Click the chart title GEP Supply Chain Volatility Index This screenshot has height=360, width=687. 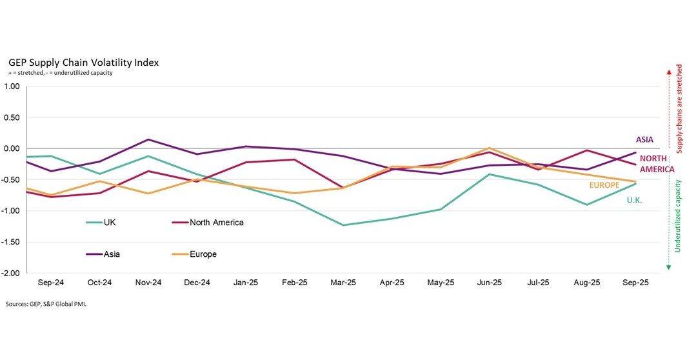83,63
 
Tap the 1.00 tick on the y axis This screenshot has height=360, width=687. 12,86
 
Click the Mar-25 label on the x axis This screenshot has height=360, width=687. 343,283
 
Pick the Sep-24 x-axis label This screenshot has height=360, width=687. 50,283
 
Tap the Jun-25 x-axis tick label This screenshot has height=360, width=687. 490,283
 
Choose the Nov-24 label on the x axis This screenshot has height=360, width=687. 148,283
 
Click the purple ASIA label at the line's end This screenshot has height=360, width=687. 644,139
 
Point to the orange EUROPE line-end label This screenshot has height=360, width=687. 604,185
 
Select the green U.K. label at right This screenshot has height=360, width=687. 634,201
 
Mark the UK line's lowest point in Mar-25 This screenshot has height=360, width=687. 343,225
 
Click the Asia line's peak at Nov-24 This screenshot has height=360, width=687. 148,139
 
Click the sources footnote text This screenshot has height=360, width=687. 45,303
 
